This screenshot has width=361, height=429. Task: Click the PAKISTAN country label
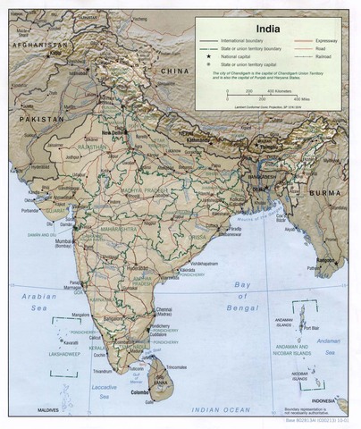(38, 118)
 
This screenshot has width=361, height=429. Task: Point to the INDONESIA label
(323, 400)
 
